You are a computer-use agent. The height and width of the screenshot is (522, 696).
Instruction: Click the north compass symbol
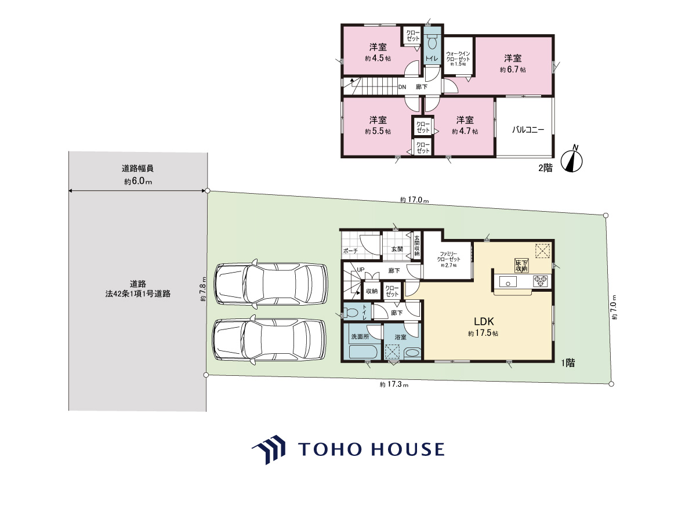(571, 161)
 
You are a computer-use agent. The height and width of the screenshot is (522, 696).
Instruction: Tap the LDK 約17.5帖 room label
(483, 327)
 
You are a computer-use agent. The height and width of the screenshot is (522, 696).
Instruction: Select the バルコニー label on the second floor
(528, 129)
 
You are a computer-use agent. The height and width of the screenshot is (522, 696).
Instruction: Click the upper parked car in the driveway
(271, 284)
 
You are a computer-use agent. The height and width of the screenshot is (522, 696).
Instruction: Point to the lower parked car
(269, 340)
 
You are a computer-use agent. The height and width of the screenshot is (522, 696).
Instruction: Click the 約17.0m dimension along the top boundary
(414, 200)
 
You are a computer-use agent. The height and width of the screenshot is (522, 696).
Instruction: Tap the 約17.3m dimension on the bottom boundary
(394, 385)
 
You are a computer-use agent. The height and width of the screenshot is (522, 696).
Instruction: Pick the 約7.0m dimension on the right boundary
(614, 307)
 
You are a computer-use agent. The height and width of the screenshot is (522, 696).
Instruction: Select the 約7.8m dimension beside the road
(203, 289)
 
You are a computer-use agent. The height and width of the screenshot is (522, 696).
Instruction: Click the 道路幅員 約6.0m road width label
(137, 175)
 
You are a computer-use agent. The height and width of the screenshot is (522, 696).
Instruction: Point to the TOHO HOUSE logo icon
(269, 449)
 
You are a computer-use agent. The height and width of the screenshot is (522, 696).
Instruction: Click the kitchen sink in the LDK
(507, 282)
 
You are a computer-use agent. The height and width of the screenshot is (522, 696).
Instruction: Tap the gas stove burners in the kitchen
(541, 281)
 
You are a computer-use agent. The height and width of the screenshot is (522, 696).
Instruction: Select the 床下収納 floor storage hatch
(521, 266)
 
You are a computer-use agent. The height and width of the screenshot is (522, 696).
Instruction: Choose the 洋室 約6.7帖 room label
(513, 64)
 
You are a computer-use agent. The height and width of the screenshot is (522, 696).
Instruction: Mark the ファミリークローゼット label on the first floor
(448, 259)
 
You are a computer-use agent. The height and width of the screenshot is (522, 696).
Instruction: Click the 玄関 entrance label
(397, 249)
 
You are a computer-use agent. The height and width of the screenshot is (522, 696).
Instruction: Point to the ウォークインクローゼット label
(458, 59)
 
